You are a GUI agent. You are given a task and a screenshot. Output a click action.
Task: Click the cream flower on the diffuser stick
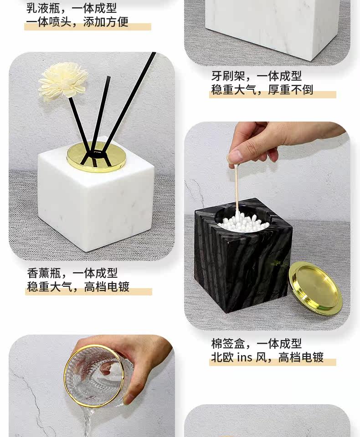(x=63, y=81)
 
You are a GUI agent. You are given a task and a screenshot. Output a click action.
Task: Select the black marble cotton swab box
(x=243, y=255)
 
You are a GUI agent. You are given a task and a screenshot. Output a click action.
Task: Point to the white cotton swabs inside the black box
(x=243, y=223)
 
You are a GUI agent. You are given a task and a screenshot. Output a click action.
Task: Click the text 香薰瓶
(x=44, y=274)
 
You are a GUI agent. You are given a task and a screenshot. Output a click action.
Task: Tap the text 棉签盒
(x=228, y=344)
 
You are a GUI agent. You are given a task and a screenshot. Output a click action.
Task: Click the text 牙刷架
(x=228, y=76)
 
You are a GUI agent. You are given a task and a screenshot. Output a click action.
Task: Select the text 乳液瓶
(x=43, y=8)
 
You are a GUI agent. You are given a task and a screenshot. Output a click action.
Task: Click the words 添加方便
(x=106, y=22)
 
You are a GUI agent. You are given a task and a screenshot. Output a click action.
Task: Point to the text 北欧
(x=222, y=357)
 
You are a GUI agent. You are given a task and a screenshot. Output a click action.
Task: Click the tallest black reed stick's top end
(x=154, y=53)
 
